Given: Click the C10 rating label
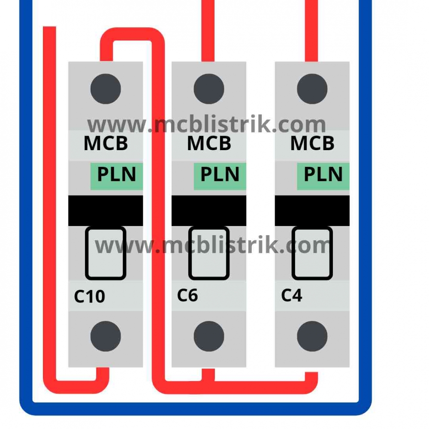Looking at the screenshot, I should (x=90, y=296).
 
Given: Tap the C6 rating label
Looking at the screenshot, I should (x=187, y=295).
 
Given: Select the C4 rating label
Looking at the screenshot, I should (x=292, y=295).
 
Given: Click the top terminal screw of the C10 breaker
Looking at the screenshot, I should (x=106, y=89).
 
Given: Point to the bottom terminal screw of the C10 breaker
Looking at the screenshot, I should (x=106, y=336).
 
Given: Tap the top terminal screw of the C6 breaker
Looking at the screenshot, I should (x=209, y=89).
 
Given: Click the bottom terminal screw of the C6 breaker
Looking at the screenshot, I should (x=209, y=336).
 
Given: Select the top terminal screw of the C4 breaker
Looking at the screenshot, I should (x=312, y=89).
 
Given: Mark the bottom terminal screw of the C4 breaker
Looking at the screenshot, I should (x=312, y=336).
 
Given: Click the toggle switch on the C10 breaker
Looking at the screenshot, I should (x=106, y=253).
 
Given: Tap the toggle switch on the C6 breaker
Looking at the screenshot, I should (x=209, y=253).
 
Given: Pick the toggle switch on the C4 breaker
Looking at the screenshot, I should (x=312, y=253).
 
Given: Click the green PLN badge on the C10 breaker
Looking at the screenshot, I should (x=116, y=175).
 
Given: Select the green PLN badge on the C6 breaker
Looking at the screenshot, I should (x=220, y=175).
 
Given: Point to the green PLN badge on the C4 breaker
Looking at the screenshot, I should (x=323, y=175).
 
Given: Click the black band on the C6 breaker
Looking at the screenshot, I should (x=209, y=211).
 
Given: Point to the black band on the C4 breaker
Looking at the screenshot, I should (x=312, y=211).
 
